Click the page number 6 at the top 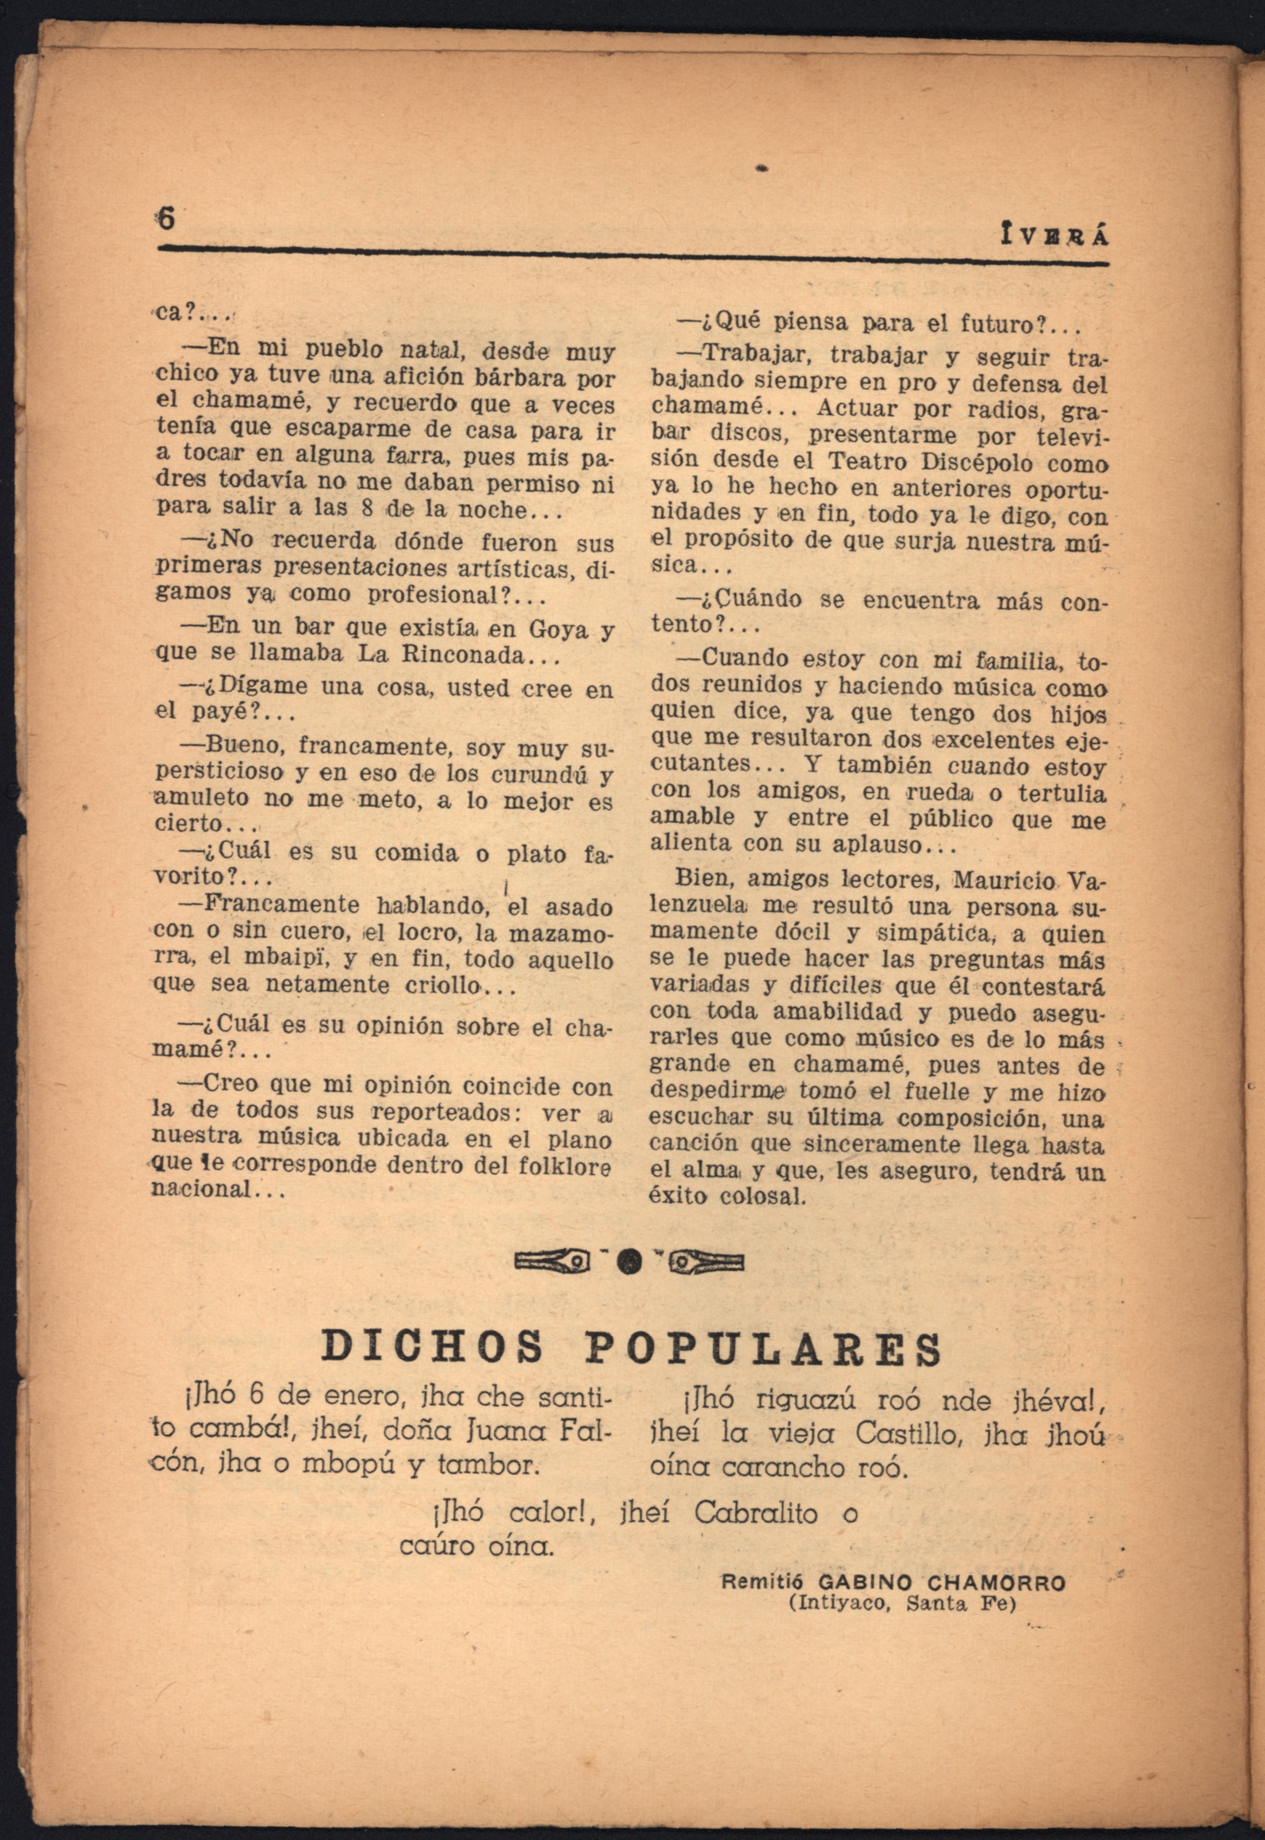[x=166, y=218]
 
